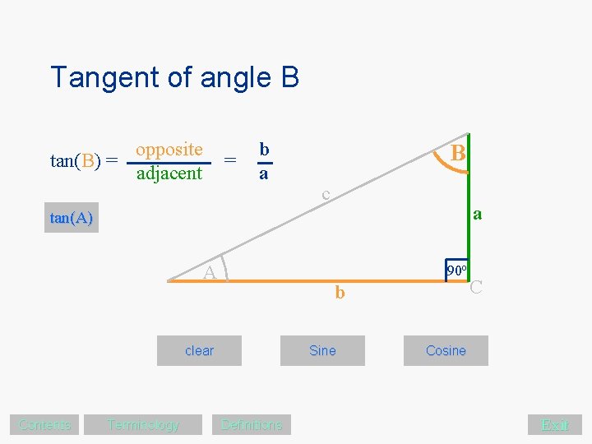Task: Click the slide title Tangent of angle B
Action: [174, 77]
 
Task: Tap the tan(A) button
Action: [72, 218]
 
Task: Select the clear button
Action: [199, 350]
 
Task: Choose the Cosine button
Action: [446, 350]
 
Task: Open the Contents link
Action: [45, 424]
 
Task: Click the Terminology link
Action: [142, 424]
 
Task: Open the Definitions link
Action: [252, 424]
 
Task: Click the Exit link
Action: [555, 424]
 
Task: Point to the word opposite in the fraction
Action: [169, 149]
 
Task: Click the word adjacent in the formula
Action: [169, 173]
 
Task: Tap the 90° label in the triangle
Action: [457, 270]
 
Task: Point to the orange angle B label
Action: [459, 154]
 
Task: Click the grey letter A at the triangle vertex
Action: [210, 273]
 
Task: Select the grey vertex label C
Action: [475, 287]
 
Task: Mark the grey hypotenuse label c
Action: [326, 194]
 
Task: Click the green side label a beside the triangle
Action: [477, 215]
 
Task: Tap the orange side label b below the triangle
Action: [340, 292]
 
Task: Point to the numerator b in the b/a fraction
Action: [264, 149]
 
